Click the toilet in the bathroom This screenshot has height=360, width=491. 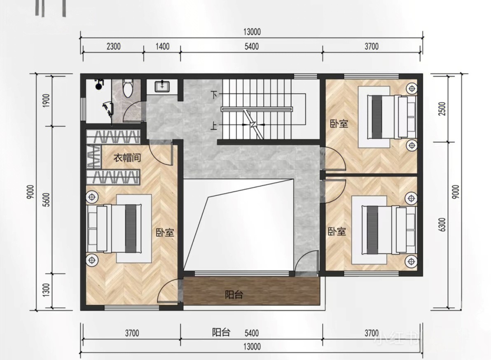pyautogui.click(x=128, y=88)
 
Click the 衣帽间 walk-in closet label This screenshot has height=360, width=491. pyautogui.click(x=127, y=157)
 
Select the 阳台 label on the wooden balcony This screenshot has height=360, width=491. pyautogui.click(x=234, y=295)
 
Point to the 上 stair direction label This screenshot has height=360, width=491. pyautogui.click(x=214, y=126)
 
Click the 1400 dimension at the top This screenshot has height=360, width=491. pyautogui.click(x=163, y=47)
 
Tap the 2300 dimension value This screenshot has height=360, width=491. pyautogui.click(x=113, y=47)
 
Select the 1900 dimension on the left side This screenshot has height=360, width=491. pyautogui.click(x=46, y=101)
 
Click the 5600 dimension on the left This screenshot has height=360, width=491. pyautogui.click(x=46, y=200)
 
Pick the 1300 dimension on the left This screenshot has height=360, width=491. pyautogui.click(x=46, y=290)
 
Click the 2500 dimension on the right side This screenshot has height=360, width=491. pyautogui.click(x=442, y=109)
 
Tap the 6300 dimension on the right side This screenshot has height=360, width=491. pyautogui.click(x=442, y=224)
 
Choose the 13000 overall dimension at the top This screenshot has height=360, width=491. pyautogui.click(x=252, y=32)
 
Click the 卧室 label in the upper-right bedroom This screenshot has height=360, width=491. pyautogui.click(x=339, y=124)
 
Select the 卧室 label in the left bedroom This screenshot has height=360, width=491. pyautogui.click(x=165, y=233)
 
